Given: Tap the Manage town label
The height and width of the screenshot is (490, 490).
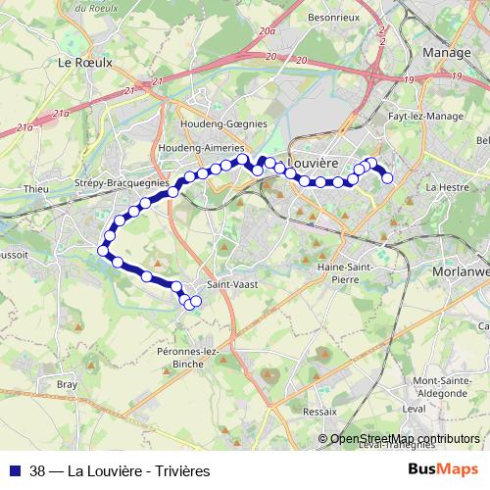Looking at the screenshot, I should (x=446, y=52).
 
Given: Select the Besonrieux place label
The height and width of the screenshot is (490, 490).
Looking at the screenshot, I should (x=334, y=17).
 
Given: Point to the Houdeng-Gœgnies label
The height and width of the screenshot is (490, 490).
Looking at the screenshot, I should (x=223, y=124).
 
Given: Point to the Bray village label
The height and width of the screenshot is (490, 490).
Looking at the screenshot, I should (x=67, y=384).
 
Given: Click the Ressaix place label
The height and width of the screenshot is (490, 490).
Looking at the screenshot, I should (x=320, y=412).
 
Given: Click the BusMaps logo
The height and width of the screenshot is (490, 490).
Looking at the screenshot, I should (x=443, y=469).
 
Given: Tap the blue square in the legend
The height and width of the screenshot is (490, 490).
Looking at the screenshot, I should (x=15, y=470).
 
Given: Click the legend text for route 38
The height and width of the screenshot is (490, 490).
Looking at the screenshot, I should (x=121, y=470).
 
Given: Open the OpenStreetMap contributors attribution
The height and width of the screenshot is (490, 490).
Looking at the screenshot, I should (x=405, y=438).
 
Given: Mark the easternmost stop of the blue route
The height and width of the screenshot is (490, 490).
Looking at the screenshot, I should (x=387, y=177).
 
